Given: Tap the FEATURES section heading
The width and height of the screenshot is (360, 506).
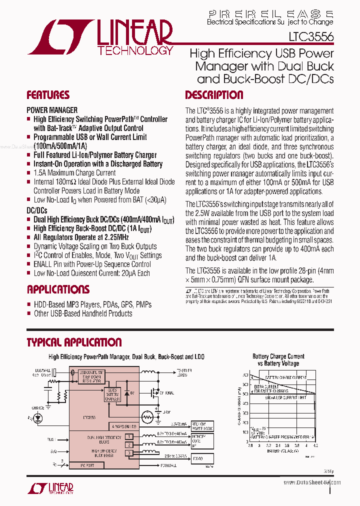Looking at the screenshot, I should pyautogui.click(x=48, y=95).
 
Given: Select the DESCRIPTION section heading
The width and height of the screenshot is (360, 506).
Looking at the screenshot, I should pyautogui.click(x=214, y=95).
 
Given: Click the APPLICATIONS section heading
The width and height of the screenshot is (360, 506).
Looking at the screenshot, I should pyautogui.click(x=58, y=289).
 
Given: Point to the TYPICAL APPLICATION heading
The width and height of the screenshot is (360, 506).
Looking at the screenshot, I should pyautogui.click(x=74, y=342).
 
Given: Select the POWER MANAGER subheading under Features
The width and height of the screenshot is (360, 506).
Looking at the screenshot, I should pyautogui.click(x=52, y=110).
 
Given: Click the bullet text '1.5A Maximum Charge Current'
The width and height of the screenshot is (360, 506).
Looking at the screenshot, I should pyautogui.click(x=74, y=173).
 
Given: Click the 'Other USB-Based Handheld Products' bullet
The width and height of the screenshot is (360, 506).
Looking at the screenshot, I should pyautogui.click(x=83, y=313).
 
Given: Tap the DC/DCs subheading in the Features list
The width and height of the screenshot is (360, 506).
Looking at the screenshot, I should pyautogui.click(x=37, y=211).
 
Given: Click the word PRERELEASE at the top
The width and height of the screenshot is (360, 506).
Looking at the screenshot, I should pyautogui.click(x=270, y=14).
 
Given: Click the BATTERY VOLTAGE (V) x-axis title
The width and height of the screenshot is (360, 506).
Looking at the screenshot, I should pyautogui.click(x=282, y=450).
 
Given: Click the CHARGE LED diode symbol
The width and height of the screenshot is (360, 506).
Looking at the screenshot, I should pyautogui.click(x=37, y=417).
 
